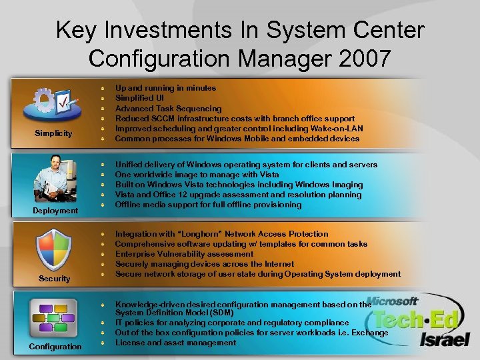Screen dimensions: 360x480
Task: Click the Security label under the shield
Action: pyautogui.click(x=55, y=279)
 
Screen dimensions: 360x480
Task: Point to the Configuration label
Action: pyautogui.click(x=55, y=346)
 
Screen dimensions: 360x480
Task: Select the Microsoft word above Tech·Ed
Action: pyautogui.click(x=393, y=301)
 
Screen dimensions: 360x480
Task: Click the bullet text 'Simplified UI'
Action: pyautogui.click(x=139, y=98)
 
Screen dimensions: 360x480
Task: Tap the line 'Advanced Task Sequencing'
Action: pyautogui.click(x=168, y=109)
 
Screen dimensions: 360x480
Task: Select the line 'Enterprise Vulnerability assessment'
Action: pyautogui.click(x=184, y=254)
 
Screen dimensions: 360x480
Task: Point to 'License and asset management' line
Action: pyautogui.click(x=175, y=343)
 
